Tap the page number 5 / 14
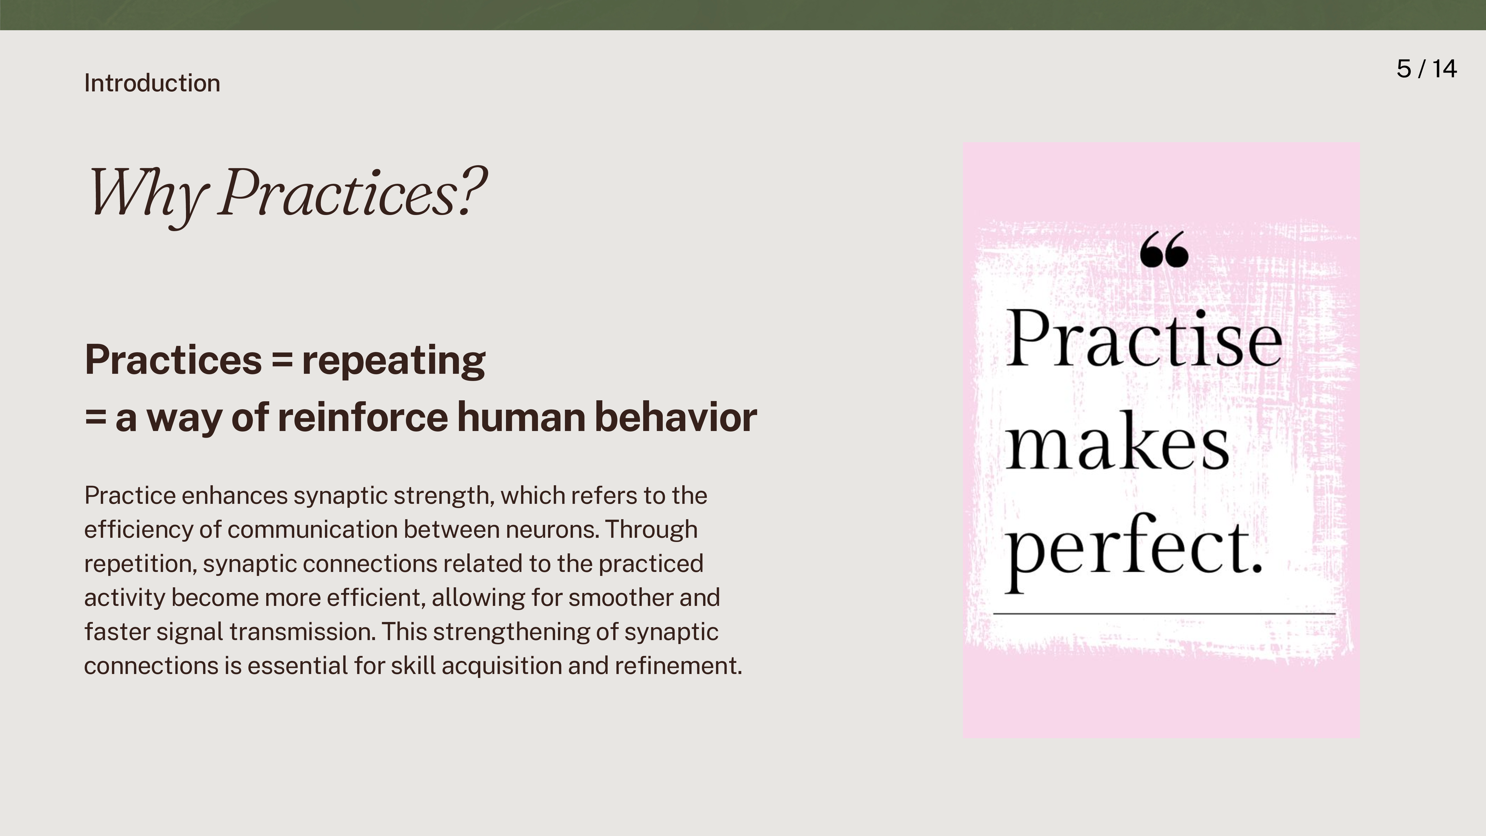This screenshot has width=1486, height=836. (x=1427, y=69)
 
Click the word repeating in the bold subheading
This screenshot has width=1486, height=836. (x=394, y=361)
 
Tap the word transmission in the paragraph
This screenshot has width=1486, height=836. (x=302, y=632)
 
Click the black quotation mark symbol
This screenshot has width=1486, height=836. (x=1164, y=249)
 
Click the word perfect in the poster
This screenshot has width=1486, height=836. (x=1134, y=551)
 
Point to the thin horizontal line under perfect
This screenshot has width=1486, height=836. (x=1164, y=614)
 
